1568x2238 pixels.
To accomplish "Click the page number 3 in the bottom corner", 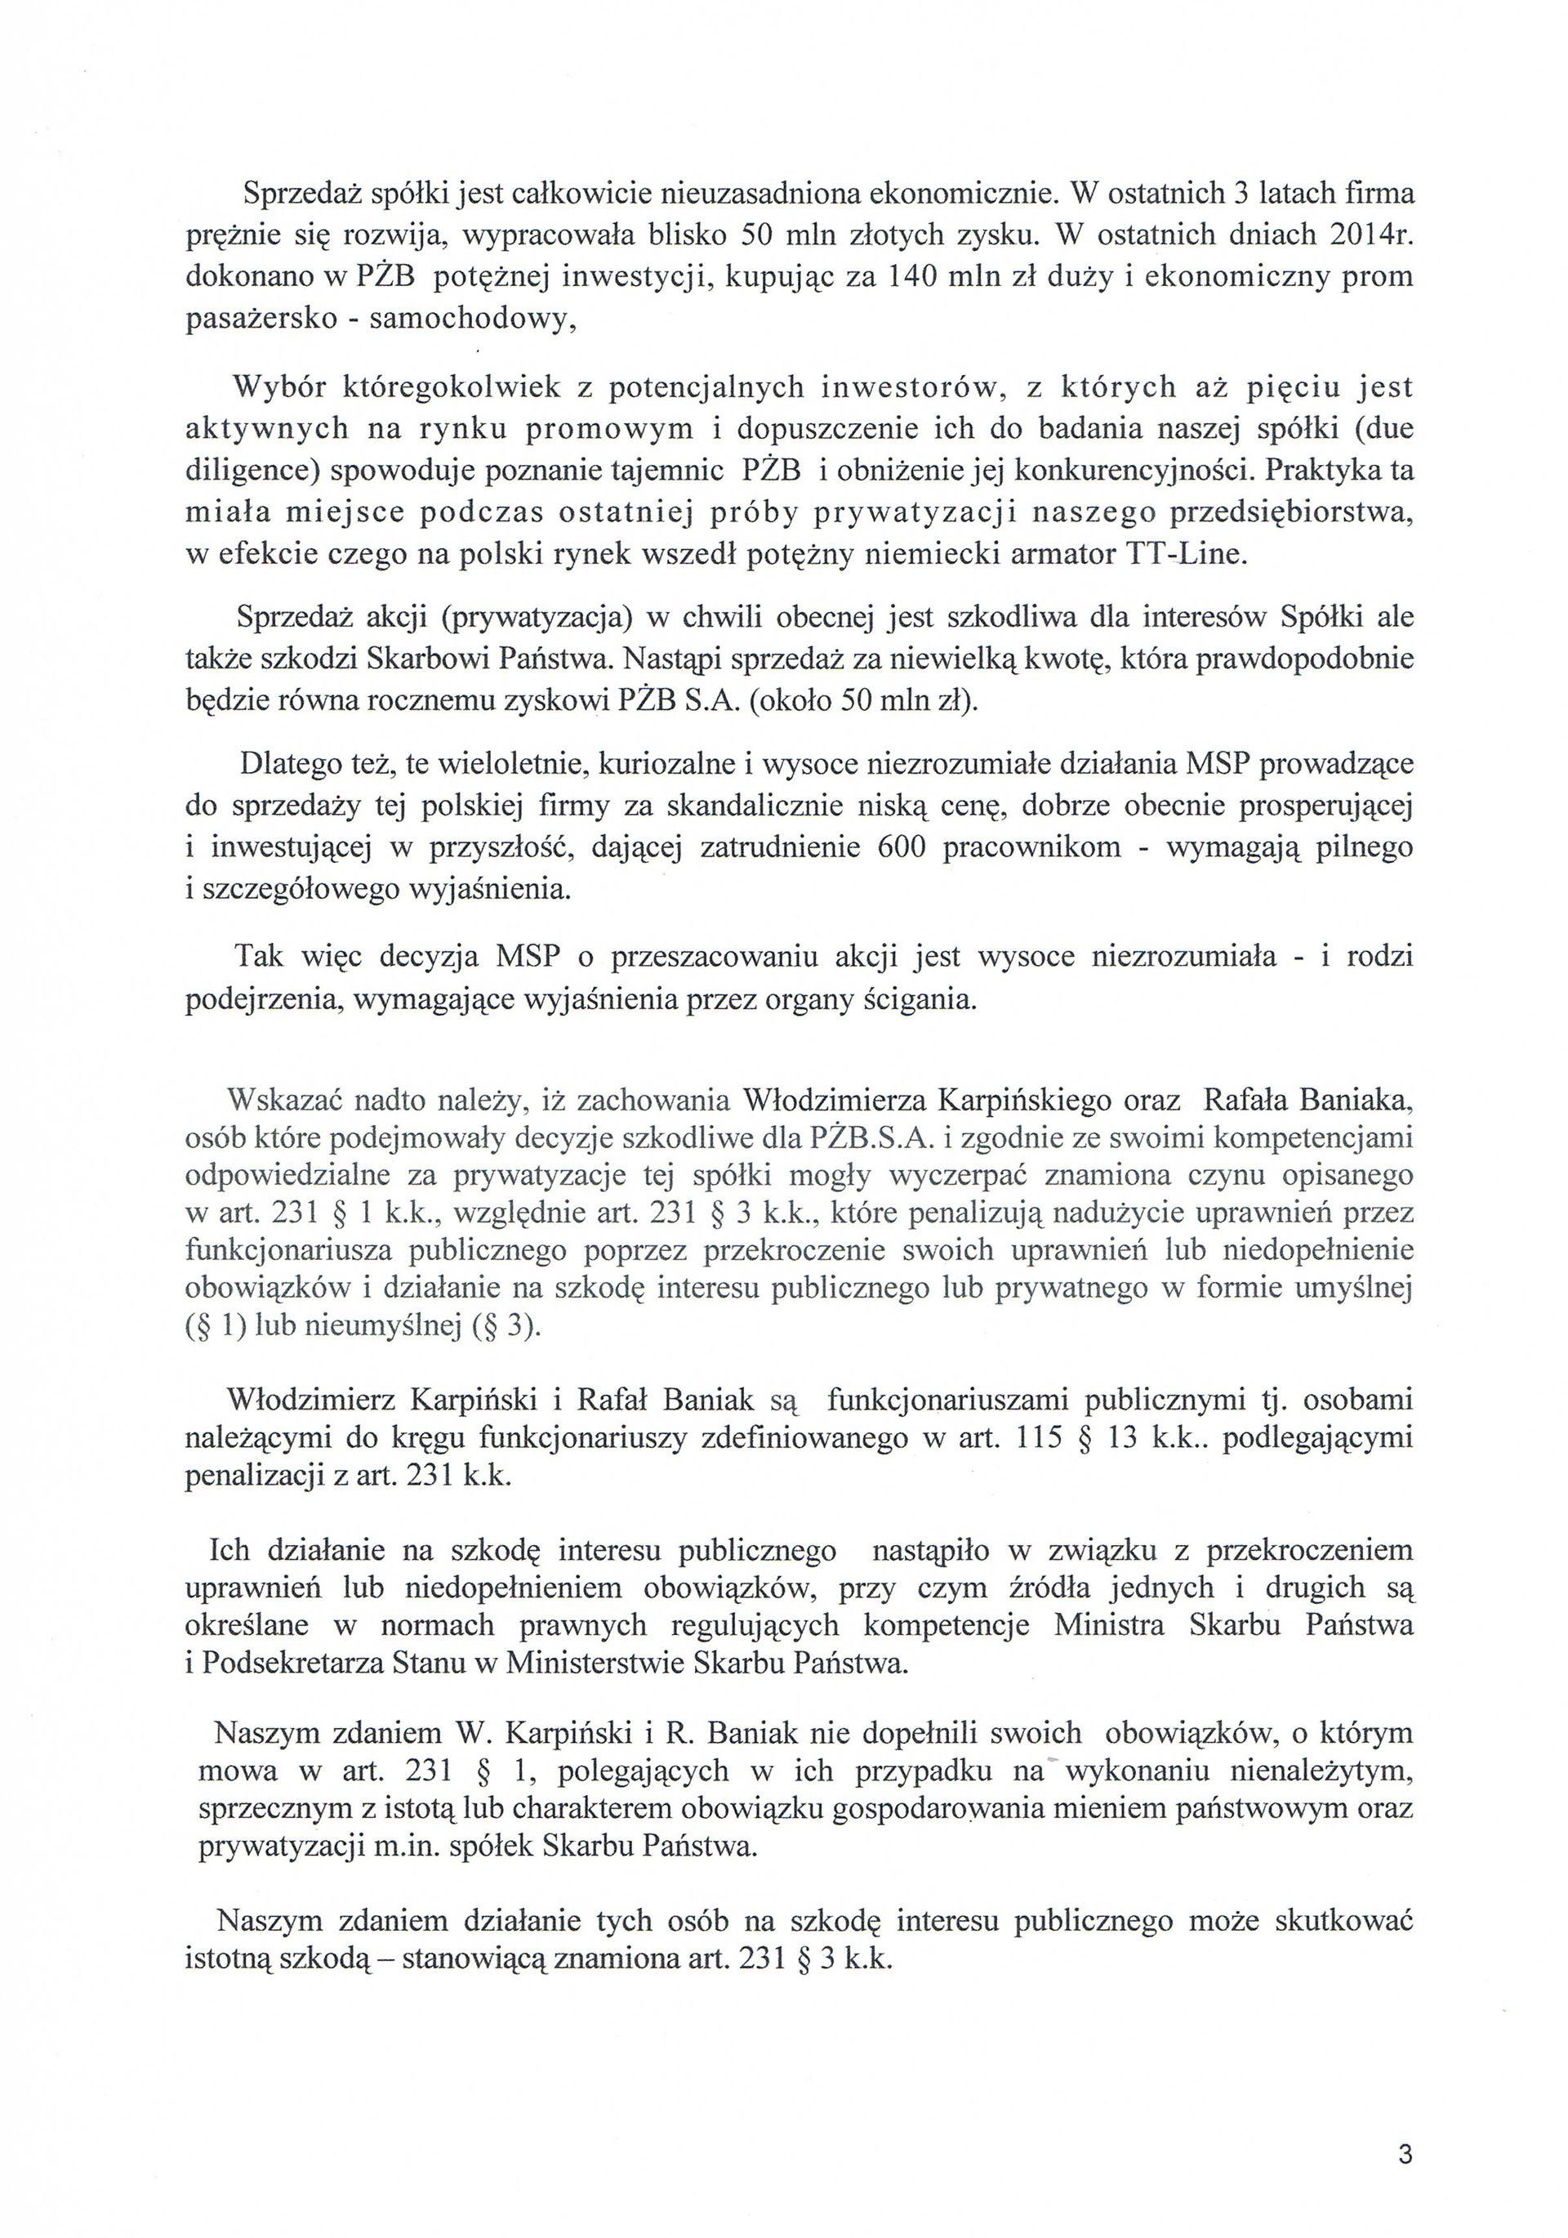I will [1405, 2155].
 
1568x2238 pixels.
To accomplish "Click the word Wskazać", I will [283, 1101].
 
